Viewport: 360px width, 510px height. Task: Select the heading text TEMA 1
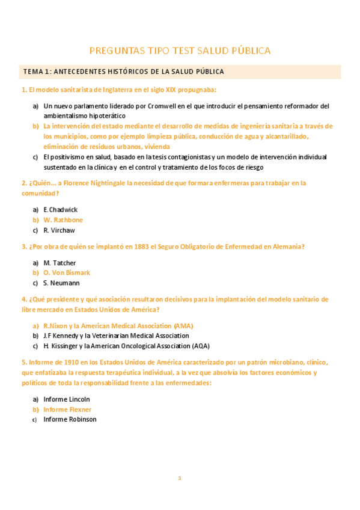[37, 72]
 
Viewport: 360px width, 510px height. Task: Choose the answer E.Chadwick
[61, 209]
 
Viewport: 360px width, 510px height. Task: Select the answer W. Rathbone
[63, 220]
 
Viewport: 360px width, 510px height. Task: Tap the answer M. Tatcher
[60, 263]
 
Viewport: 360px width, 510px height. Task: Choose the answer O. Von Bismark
[67, 272]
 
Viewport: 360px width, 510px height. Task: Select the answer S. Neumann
[61, 283]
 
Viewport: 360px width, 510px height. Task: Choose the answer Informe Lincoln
[67, 399]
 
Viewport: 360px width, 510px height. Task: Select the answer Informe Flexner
[67, 409]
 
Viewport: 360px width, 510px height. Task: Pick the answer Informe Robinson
[70, 419]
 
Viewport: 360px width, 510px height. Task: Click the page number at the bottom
[179, 478]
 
